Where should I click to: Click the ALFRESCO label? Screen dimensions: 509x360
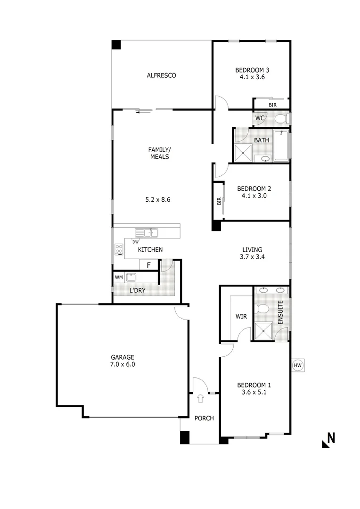(x=161, y=75)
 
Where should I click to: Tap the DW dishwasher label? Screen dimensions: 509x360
(x=135, y=242)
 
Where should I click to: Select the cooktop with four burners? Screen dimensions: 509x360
(x=118, y=250)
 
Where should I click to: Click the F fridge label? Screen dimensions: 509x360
(x=148, y=265)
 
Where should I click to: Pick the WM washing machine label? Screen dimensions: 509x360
(x=118, y=277)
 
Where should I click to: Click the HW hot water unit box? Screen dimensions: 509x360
(x=297, y=365)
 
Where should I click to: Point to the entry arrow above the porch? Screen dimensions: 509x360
(x=200, y=398)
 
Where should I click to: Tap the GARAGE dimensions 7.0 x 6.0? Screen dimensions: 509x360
(x=123, y=364)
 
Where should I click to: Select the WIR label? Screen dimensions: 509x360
(x=241, y=316)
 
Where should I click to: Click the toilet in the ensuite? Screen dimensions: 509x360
(x=262, y=309)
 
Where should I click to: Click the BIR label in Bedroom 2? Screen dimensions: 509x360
(x=219, y=201)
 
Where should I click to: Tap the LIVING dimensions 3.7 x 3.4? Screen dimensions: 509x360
(x=252, y=257)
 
